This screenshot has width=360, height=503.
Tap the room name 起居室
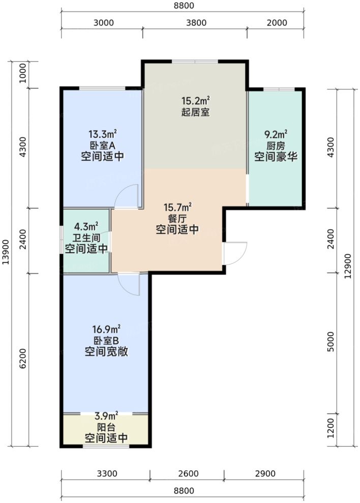196,112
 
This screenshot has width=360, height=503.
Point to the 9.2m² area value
276,135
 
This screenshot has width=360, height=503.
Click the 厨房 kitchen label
276,145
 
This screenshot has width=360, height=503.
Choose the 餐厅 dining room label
177,219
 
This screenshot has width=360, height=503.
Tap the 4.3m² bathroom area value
86,226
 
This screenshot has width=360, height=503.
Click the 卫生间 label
86,238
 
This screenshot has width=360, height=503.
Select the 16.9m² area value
105,329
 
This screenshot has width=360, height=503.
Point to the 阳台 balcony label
105,427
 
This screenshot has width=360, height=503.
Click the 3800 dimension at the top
196,22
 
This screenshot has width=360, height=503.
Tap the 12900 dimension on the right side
348,268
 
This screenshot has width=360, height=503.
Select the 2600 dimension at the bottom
187,474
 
